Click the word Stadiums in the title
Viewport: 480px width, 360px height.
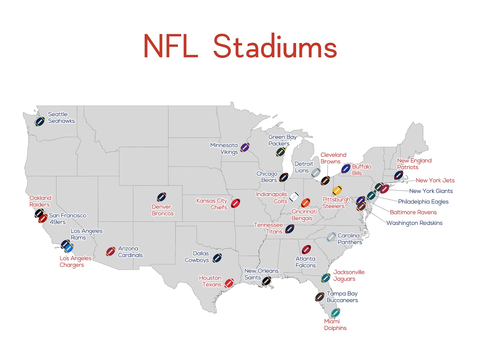275,46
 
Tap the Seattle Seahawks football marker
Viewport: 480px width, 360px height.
40,122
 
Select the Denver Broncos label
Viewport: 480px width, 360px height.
163,210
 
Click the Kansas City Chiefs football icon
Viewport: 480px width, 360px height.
235,203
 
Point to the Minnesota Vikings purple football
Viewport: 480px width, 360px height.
245,148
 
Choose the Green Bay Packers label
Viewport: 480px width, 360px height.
282,140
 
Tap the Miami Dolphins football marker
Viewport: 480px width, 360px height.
335,313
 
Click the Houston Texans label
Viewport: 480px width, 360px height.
210,281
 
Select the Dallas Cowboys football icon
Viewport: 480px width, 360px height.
217,258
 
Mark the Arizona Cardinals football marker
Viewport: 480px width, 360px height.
111,251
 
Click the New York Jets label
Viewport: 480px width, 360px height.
435,180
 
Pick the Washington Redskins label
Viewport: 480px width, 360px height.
414,223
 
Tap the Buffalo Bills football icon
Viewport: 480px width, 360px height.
345,169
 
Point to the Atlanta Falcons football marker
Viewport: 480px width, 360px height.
306,250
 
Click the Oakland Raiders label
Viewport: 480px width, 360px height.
40,201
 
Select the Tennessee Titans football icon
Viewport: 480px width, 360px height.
290,229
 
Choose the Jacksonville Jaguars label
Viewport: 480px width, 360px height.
349,276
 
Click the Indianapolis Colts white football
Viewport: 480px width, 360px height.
294,197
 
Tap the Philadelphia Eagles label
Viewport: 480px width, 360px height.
423,202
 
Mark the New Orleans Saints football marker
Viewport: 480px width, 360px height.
266,281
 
